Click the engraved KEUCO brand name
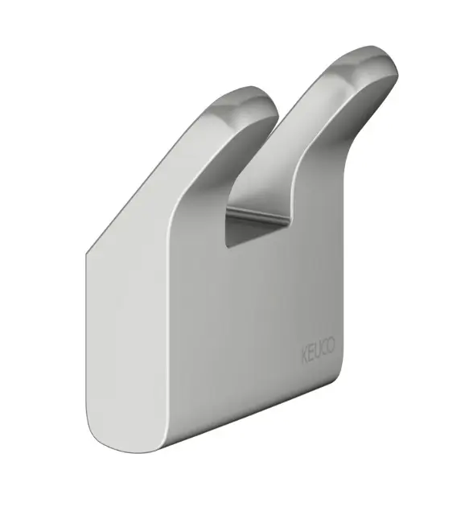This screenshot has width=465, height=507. tap(319, 350)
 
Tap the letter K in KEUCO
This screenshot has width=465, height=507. tap(305, 355)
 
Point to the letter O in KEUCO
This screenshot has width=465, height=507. tap(331, 345)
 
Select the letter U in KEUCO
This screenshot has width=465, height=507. tap(318, 351)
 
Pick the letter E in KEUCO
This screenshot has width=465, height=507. tap(311, 352)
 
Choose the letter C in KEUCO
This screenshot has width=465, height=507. tap(324, 348)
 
